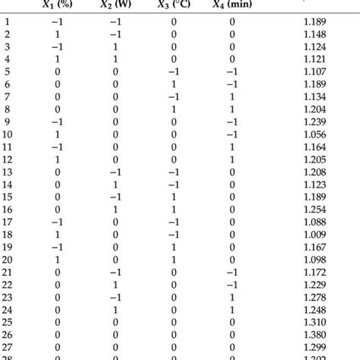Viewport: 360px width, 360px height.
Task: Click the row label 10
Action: pyautogui.click(x=8, y=135)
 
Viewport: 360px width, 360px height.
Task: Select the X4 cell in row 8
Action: pyautogui.click(x=232, y=110)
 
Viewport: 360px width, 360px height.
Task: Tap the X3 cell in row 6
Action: pyautogui.click(x=174, y=86)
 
